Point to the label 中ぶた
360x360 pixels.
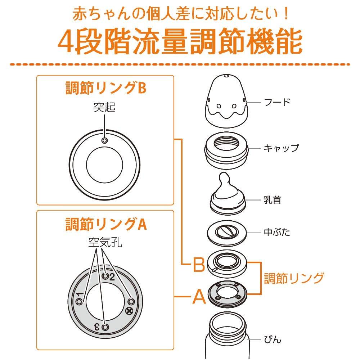pos(276,232)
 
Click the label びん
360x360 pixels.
pos(272,339)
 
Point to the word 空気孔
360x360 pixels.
pos(105,243)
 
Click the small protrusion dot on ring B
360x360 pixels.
pos(105,141)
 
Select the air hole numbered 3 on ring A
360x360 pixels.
pos(105,327)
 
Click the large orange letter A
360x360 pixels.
pos(199,297)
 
